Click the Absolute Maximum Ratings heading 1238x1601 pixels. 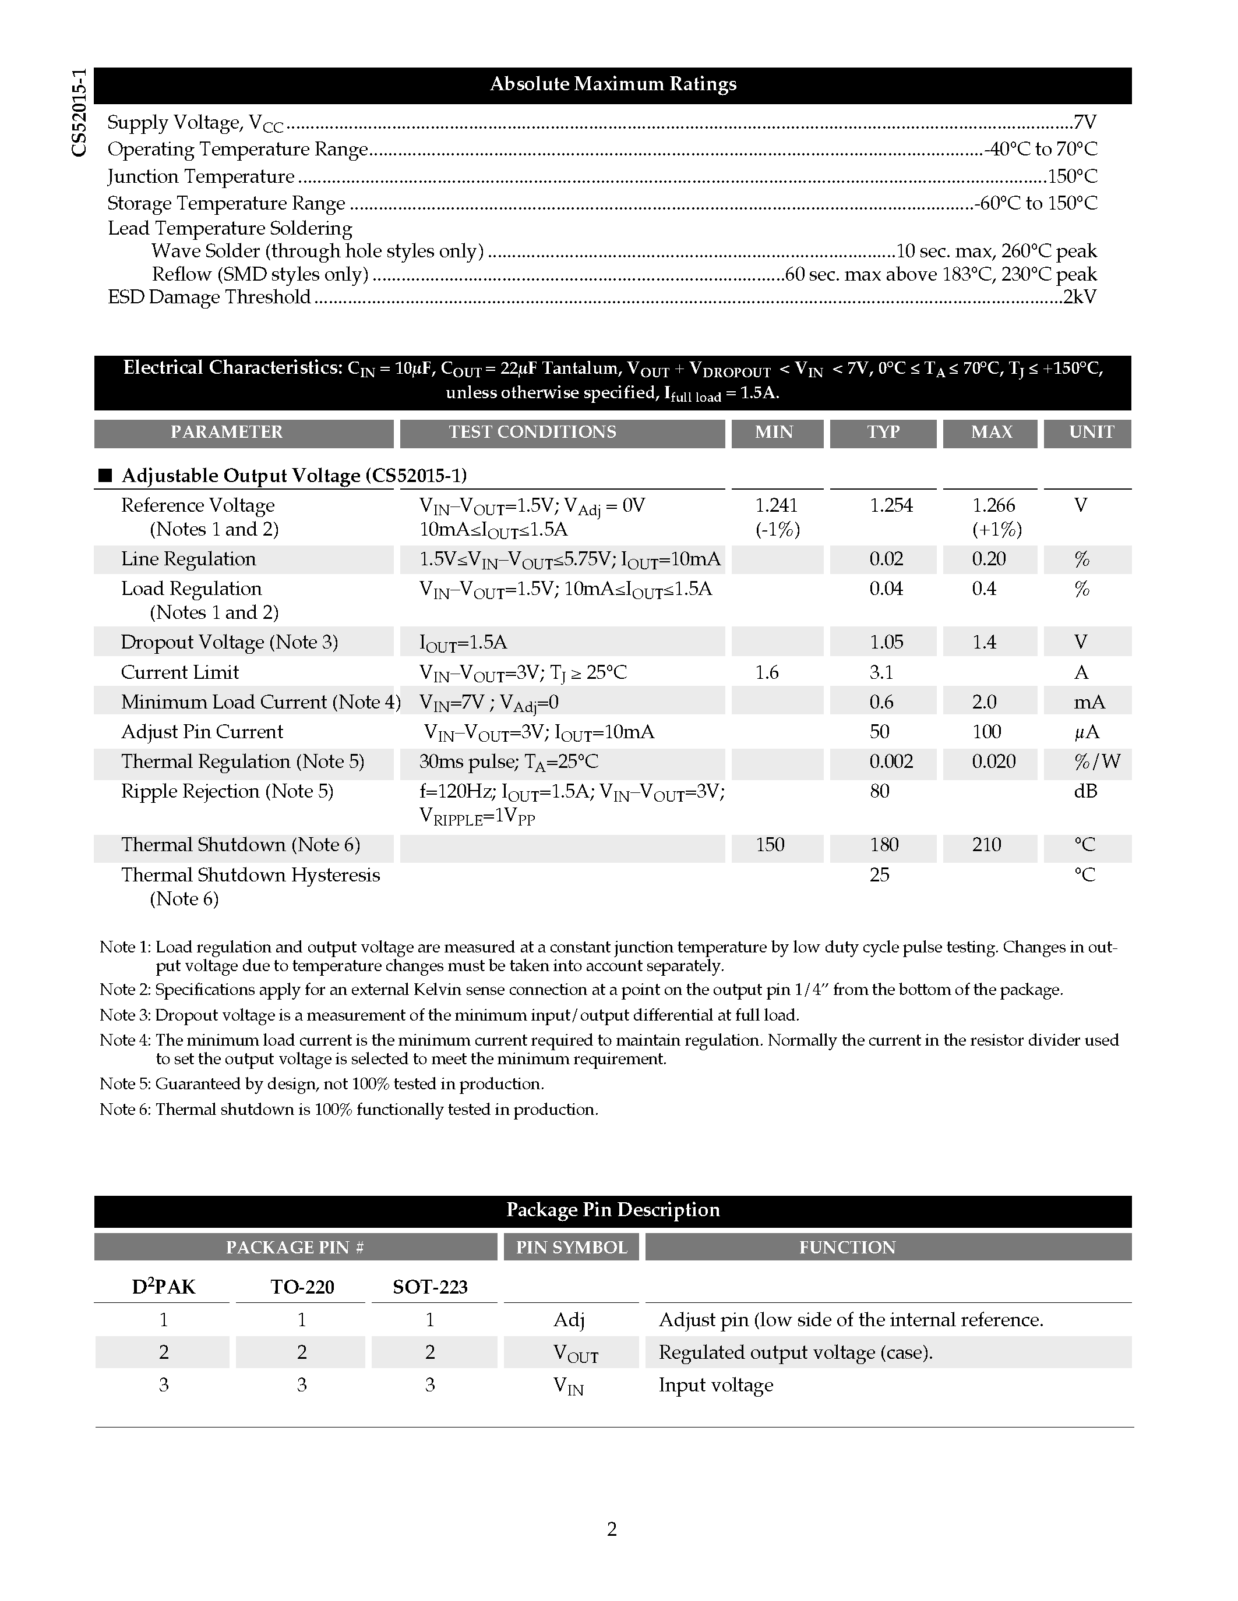click(612, 84)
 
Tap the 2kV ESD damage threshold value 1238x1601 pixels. click(1080, 297)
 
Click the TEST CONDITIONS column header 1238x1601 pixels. click(532, 433)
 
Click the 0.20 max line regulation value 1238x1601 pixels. click(988, 559)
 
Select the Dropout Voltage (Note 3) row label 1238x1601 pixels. click(229, 642)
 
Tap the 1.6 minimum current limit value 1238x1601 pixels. click(767, 672)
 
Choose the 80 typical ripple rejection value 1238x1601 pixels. click(879, 792)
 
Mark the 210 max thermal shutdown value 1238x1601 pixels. click(986, 845)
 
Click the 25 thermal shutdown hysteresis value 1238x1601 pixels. click(879, 875)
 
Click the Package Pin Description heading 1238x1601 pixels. click(612, 1210)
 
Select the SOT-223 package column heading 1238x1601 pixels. click(430, 1287)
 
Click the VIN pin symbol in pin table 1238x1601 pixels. click(569, 1386)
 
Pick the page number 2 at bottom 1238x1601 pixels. click(612, 1529)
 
